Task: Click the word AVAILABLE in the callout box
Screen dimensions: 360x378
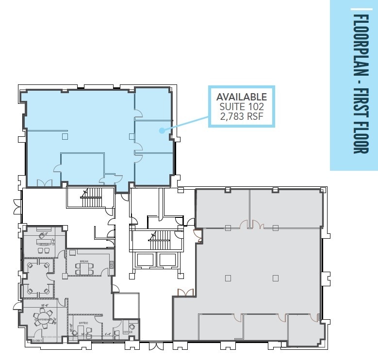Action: click(x=241, y=97)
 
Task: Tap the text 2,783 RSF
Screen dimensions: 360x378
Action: click(x=241, y=117)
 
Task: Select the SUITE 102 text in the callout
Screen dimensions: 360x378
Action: click(x=241, y=107)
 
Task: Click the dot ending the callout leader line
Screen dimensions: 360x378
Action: click(x=161, y=130)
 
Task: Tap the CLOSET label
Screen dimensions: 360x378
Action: click(x=36, y=341)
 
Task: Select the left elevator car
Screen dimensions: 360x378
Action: click(x=145, y=260)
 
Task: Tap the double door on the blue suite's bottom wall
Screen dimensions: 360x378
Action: click(x=44, y=183)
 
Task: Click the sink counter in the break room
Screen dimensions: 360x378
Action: click(x=112, y=265)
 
